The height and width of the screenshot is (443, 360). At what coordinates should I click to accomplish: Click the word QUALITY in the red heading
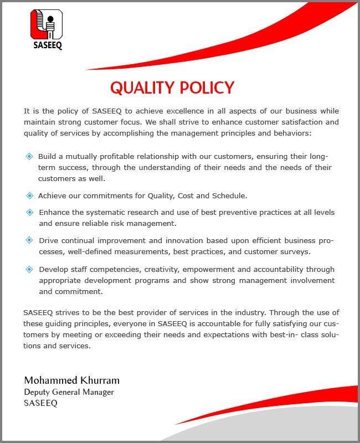point(141,88)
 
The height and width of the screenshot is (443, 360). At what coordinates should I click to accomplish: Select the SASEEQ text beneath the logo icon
point(47,46)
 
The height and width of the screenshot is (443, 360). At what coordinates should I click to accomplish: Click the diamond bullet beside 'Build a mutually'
point(29,156)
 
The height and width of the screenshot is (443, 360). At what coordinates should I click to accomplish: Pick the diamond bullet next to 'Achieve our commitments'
point(29,195)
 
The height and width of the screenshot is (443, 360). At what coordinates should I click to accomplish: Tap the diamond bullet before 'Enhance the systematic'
point(29,212)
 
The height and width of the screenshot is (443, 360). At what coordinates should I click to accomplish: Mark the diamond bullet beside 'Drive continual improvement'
point(29,240)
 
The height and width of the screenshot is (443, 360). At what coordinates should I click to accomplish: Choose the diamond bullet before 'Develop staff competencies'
point(29,269)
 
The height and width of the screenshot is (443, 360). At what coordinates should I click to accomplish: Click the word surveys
point(296,251)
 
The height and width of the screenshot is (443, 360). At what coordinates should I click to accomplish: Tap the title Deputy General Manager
point(69,392)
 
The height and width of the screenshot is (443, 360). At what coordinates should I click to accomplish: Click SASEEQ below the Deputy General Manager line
point(40,403)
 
